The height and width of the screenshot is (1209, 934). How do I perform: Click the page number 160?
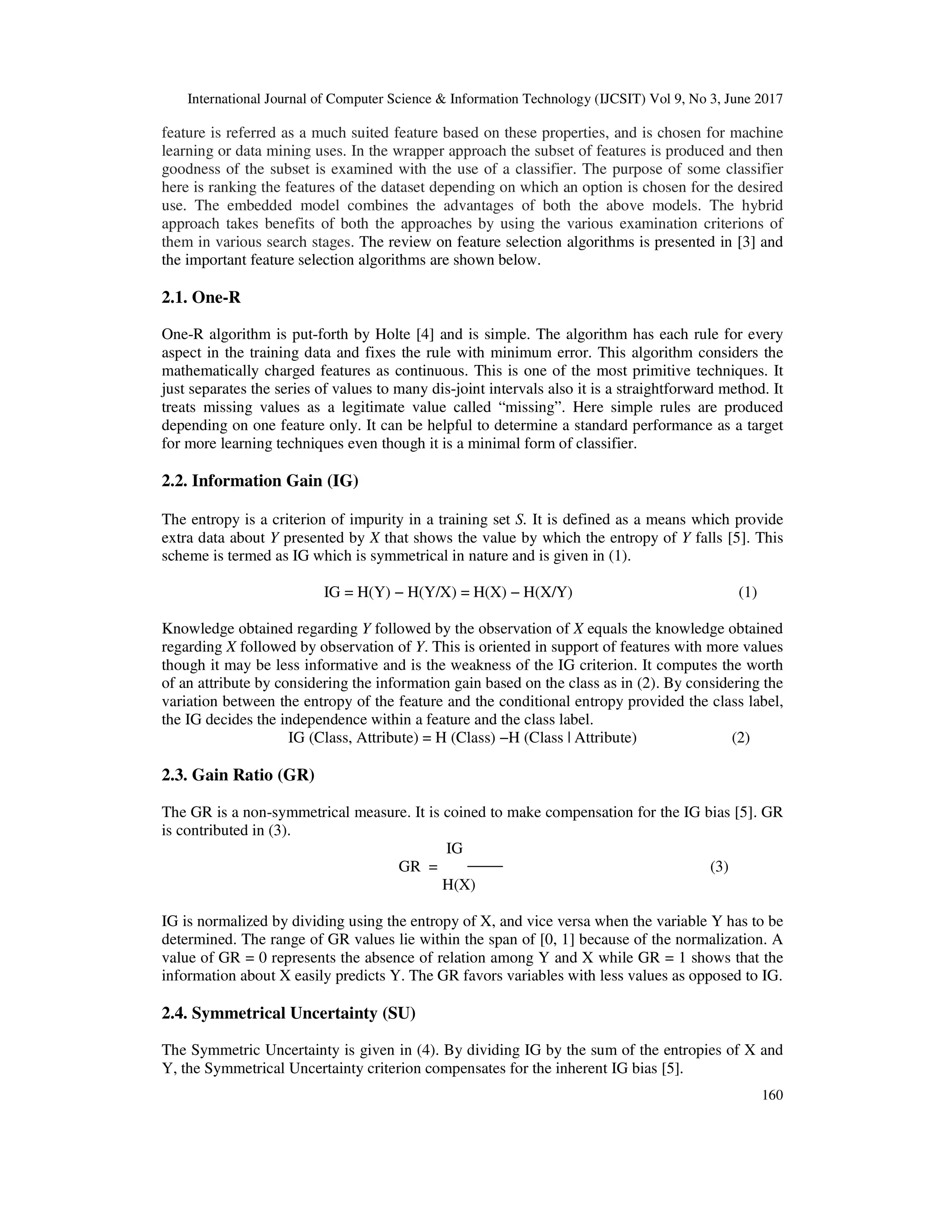[773, 1095]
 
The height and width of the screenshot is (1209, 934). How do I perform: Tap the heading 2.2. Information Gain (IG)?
[260, 480]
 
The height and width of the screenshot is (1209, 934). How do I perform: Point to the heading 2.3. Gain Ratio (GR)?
[238, 775]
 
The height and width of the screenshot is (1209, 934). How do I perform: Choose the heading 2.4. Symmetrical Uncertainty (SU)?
[288, 1013]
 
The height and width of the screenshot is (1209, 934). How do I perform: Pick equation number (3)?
[719, 867]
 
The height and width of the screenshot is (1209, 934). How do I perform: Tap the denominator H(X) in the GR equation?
[459, 885]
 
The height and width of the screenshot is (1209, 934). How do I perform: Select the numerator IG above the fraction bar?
[454, 849]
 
